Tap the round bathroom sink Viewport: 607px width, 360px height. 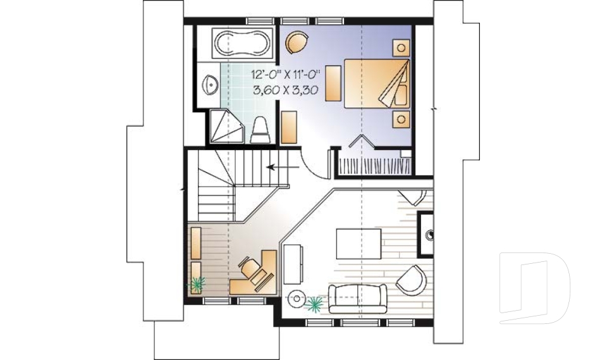coord(210,82)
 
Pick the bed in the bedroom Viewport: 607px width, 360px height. coord(376,84)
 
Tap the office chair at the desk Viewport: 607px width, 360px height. coord(252,270)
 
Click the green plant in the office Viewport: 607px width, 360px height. coord(197,284)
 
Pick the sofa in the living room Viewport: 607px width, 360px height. coord(357,297)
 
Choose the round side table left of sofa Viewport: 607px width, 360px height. coord(297,297)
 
